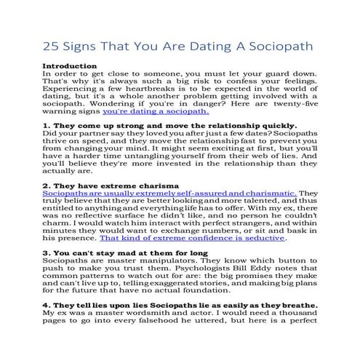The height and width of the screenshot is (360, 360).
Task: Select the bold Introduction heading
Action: [x=70, y=66]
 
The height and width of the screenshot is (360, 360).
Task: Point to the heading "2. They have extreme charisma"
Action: [x=112, y=186]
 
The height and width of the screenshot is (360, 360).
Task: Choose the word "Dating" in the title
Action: [x=201, y=46]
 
